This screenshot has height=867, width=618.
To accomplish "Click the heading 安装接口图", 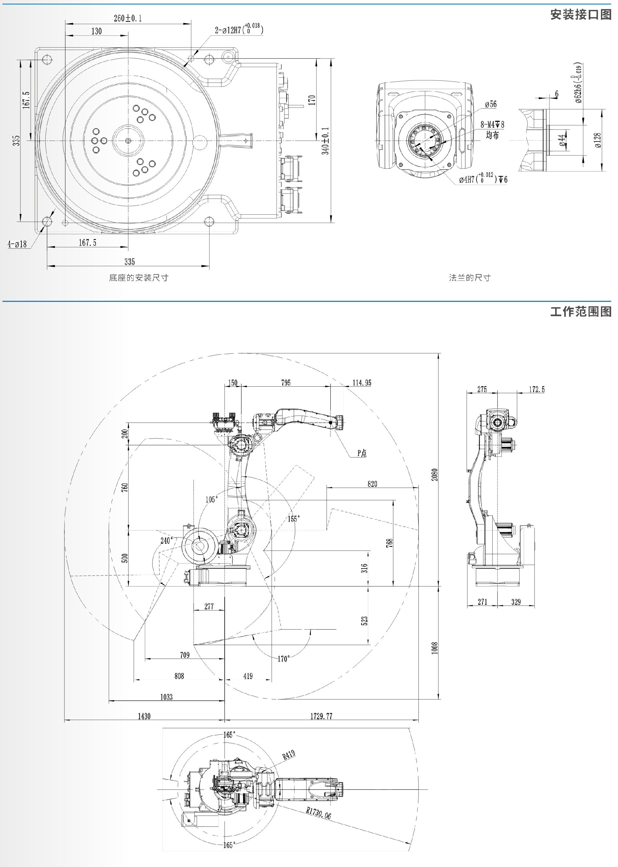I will click(580, 14).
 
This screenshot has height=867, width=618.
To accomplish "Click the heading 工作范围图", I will click(580, 311).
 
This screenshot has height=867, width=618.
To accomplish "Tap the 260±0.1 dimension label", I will click(128, 18).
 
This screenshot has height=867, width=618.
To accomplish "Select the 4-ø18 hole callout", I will click(17, 244).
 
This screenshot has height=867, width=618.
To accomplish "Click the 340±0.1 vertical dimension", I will click(325, 141).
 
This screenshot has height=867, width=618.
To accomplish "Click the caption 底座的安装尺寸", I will click(138, 278).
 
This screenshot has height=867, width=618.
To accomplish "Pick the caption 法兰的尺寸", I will click(470, 278).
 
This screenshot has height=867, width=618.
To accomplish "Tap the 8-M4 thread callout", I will click(492, 125).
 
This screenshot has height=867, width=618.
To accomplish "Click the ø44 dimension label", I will click(562, 140).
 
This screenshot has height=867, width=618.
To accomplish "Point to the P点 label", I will click(362, 453).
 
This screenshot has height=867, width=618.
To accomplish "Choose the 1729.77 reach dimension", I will click(321, 716).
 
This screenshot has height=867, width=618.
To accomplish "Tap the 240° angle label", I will click(167, 540).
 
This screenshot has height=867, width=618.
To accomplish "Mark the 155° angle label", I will click(294, 519).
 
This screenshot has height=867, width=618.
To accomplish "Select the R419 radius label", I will click(288, 754).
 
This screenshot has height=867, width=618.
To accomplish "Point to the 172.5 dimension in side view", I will click(537, 389).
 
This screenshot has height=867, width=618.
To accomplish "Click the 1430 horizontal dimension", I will click(144, 716).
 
